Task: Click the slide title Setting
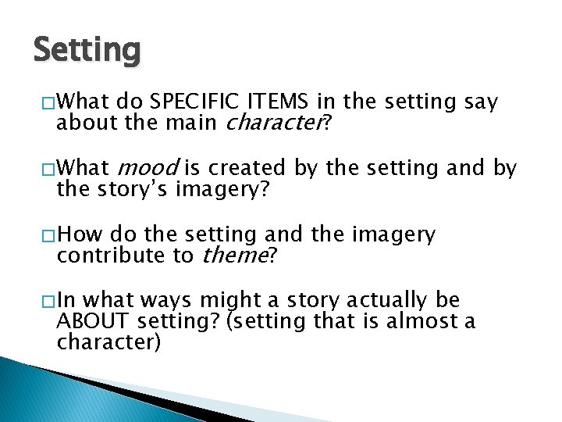click(87, 51)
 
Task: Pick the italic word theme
click(234, 255)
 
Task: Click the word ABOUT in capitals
click(93, 321)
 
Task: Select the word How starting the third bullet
click(80, 234)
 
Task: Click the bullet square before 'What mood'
click(48, 169)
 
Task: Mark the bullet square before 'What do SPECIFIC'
click(48, 102)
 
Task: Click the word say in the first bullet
click(481, 102)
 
